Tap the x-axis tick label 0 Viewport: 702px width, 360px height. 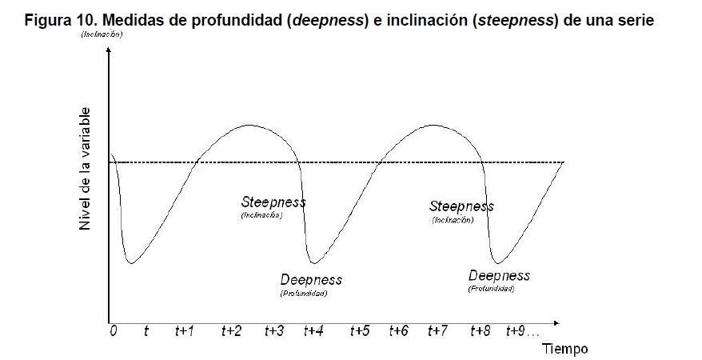113,331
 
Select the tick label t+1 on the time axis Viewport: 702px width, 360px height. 184,331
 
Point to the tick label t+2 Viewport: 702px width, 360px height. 231,331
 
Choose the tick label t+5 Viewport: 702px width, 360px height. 359,331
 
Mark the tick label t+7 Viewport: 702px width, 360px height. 437,331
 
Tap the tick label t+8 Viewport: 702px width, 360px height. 481,331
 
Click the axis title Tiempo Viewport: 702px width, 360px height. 565,349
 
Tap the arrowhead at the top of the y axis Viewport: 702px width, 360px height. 107,51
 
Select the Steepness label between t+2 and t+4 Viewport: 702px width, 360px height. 273,202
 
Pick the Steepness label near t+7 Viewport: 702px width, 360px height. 461,206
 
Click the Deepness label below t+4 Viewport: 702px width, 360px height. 311,279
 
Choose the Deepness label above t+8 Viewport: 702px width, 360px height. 499,275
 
